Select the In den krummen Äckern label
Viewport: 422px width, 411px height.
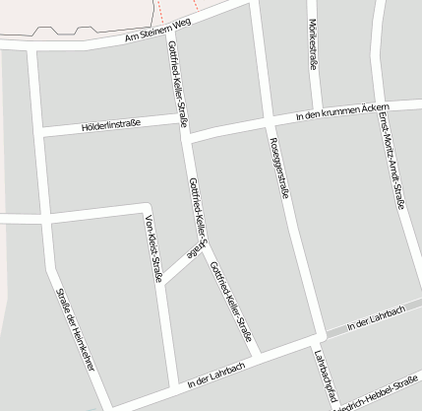pos(344,111)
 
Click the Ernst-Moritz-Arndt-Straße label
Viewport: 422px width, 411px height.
pos(391,159)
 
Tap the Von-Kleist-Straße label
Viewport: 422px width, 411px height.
pos(153,247)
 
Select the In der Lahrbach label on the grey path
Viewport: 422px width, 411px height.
pos(376,317)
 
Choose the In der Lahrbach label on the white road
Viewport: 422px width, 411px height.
pos(214,373)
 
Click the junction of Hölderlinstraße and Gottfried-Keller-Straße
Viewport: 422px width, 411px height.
pos(184,125)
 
